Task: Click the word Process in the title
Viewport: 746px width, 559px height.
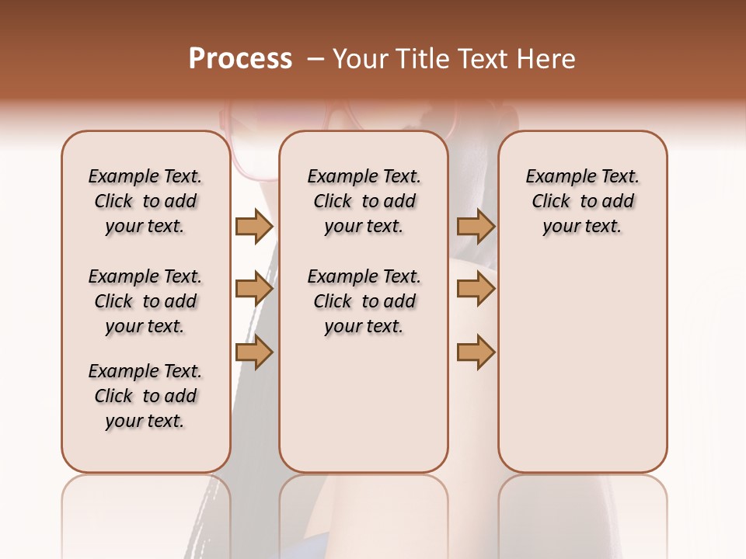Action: (x=240, y=59)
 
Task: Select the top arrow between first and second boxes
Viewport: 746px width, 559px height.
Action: (x=254, y=227)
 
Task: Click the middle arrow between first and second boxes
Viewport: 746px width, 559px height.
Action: (x=254, y=290)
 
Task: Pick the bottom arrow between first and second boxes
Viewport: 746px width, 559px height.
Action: (x=254, y=352)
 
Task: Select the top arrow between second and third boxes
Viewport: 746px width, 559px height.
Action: (x=476, y=227)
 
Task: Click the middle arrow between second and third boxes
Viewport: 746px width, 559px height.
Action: (x=476, y=290)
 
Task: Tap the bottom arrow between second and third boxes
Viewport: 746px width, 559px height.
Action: (x=476, y=352)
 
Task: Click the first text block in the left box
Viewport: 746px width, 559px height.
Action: (x=145, y=201)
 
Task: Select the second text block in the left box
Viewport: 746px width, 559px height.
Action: (x=145, y=301)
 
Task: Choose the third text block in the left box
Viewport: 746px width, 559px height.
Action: (x=145, y=396)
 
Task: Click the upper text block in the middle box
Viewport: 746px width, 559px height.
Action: (x=364, y=201)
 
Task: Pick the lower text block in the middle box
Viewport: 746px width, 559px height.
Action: (x=364, y=301)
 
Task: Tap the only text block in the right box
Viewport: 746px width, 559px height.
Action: (x=583, y=201)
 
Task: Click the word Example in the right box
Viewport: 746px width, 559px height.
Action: (x=555, y=177)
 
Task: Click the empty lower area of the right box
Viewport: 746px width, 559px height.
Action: (x=583, y=373)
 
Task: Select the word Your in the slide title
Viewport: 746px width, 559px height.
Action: (x=360, y=59)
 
